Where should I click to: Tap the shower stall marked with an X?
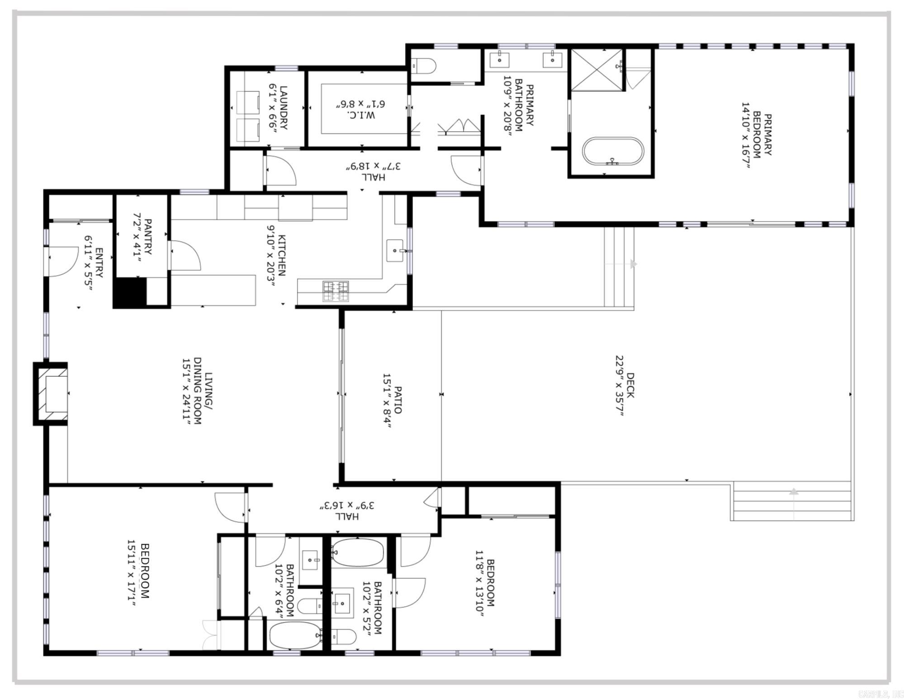pyautogui.click(x=597, y=70)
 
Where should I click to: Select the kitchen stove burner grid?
pyautogui.click(x=336, y=291)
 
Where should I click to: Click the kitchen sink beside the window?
pyautogui.click(x=395, y=250)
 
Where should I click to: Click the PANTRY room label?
pyautogui.click(x=148, y=237)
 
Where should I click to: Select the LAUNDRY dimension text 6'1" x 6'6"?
pyautogui.click(x=272, y=108)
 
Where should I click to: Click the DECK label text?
pyautogui.click(x=630, y=385)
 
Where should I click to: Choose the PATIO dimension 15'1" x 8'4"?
pyautogui.click(x=387, y=400)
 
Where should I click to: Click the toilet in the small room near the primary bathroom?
pyautogui.click(x=424, y=66)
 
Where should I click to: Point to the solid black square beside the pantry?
pyautogui.click(x=130, y=292)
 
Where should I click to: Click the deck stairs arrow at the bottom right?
pyautogui.click(x=794, y=492)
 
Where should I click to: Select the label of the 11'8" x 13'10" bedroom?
pyautogui.click(x=490, y=583)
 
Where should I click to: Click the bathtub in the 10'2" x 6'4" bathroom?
pyautogui.click(x=294, y=635)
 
